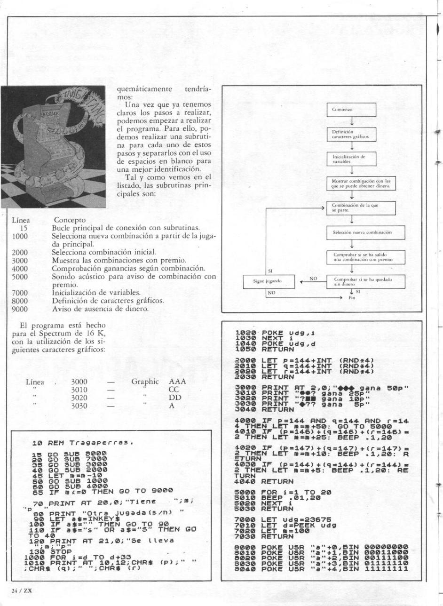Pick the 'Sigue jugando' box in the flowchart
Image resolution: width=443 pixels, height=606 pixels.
click(267, 282)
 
